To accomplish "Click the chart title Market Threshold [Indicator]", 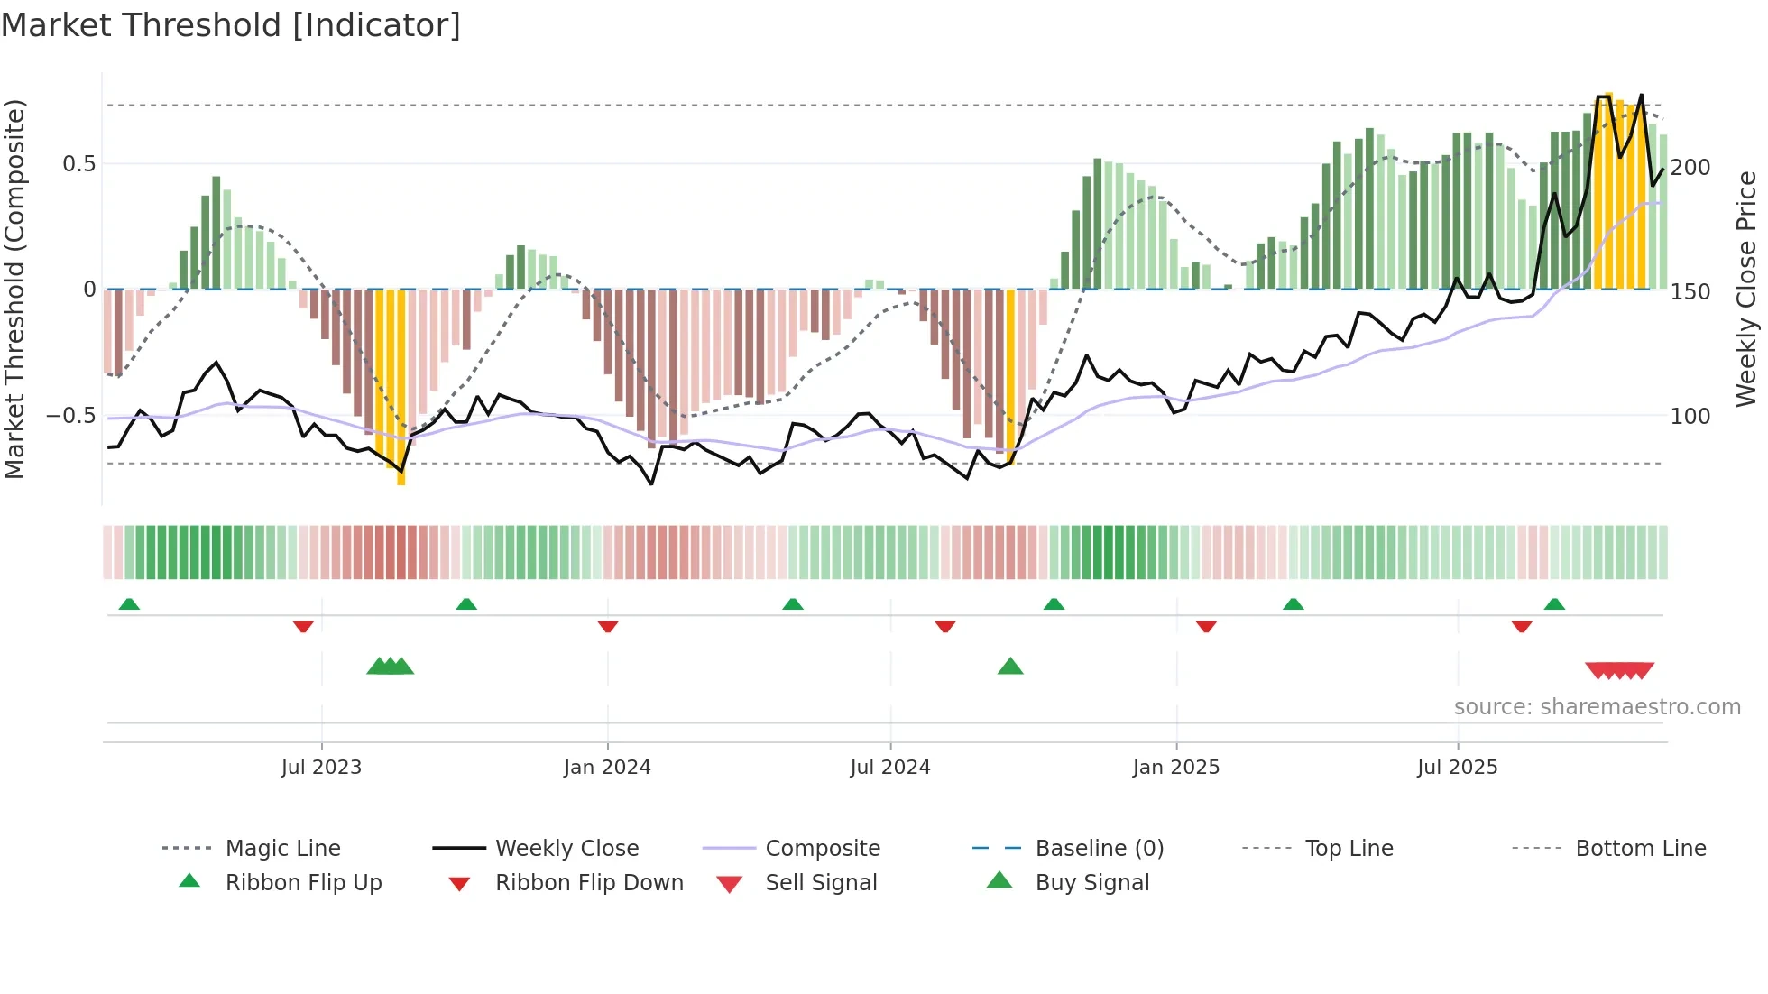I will point(231,25).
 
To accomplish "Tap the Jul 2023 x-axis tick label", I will point(321,768).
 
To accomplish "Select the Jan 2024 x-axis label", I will point(607,768).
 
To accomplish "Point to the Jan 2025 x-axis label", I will point(1176,768).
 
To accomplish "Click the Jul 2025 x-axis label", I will point(1457,768).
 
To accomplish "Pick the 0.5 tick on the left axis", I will point(78,164).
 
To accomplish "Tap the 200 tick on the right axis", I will point(1690,168).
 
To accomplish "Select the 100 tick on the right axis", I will point(1690,417).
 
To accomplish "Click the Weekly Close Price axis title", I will point(1746,289).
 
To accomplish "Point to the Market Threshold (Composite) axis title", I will point(14,289).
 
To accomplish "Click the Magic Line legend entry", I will point(282,849).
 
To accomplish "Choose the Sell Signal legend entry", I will point(821,883).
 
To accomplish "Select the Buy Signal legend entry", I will point(1091,883).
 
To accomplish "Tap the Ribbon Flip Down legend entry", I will point(589,883).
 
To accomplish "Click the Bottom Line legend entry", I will point(1640,849).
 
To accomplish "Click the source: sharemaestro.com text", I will point(1597,707).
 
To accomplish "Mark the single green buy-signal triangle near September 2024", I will point(1010,667).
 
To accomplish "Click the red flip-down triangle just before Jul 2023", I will point(303,626).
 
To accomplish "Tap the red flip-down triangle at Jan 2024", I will point(608,626).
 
